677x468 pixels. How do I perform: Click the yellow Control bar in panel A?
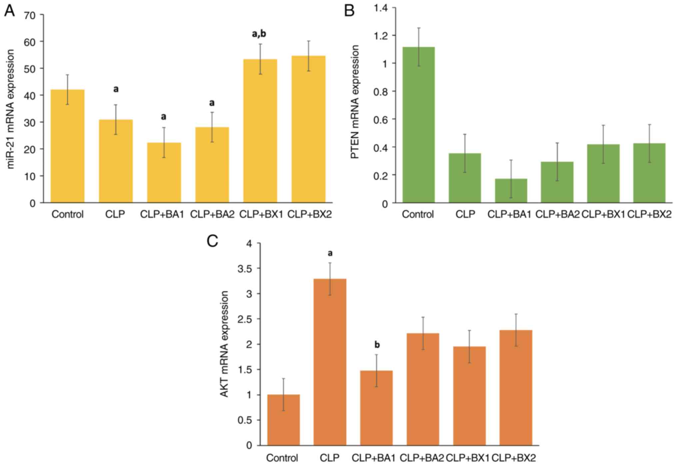[67, 146]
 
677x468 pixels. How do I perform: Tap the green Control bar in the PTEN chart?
[418, 125]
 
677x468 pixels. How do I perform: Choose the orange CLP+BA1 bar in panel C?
[376, 408]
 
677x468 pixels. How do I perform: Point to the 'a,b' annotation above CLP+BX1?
[259, 34]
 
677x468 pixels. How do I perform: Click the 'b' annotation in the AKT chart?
[377, 345]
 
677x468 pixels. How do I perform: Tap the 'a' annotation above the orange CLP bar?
[330, 253]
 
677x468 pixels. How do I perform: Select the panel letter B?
[349, 11]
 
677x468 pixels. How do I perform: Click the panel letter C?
[212, 241]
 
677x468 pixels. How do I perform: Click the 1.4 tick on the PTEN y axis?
[380, 8]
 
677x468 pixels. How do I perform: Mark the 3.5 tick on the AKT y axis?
[245, 269]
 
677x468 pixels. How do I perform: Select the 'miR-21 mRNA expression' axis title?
[10, 109]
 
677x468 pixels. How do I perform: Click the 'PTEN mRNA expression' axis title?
[355, 102]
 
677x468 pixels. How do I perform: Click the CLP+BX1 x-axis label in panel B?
[603, 214]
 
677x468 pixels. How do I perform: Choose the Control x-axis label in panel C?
[282, 458]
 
